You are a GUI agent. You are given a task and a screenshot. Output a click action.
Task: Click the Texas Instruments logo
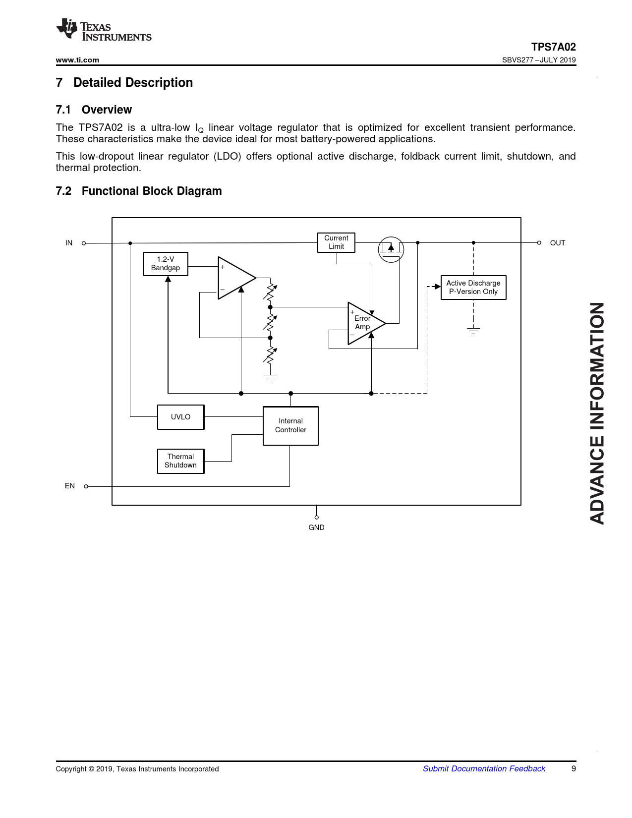tap(104, 30)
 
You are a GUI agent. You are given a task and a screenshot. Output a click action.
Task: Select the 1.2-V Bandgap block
tap(166, 264)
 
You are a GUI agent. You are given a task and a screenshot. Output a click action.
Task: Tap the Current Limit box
tap(336, 242)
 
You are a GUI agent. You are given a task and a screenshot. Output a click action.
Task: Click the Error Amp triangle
tap(364, 323)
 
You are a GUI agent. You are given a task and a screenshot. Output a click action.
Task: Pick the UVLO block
tap(180, 417)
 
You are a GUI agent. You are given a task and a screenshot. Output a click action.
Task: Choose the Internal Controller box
tap(290, 426)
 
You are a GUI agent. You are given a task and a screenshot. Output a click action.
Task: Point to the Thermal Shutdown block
tap(180, 461)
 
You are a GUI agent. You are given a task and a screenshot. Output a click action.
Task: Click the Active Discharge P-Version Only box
tap(473, 288)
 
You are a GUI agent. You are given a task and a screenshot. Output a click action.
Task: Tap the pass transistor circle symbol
tap(391, 249)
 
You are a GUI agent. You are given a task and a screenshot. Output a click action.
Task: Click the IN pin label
tap(69, 243)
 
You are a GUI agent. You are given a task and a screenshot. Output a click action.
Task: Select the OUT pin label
tap(557, 243)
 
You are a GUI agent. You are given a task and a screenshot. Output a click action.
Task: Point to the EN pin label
tap(70, 486)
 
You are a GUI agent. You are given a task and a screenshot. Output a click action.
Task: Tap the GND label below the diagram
tap(316, 527)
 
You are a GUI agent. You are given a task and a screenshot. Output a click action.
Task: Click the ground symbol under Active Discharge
tap(473, 331)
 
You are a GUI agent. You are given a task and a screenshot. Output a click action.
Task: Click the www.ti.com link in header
tap(77, 60)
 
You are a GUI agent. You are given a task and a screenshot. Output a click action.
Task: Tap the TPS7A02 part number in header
tap(553, 47)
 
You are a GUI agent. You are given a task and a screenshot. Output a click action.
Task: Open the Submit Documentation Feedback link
tap(484, 768)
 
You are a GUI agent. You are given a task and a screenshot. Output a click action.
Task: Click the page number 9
tap(574, 768)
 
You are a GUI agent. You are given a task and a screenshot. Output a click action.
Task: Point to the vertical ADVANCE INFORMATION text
tap(597, 413)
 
